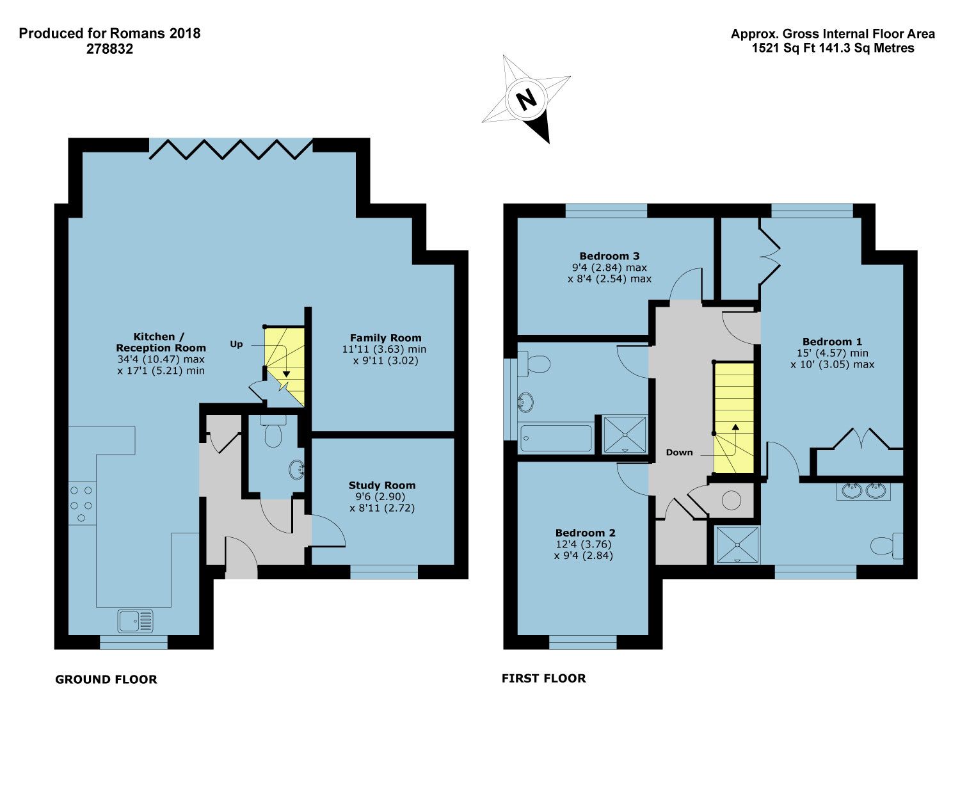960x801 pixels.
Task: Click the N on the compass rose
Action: pos(526,99)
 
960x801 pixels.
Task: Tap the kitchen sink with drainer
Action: pos(136,620)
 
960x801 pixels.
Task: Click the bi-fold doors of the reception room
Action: pos(231,149)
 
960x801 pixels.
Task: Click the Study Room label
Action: pos(382,485)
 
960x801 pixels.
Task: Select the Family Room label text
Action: pos(385,337)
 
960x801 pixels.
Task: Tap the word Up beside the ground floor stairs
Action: pos(236,344)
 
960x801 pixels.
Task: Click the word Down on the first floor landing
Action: pos(679,452)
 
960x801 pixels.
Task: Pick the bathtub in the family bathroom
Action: pos(556,439)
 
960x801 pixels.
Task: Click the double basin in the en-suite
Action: pos(863,491)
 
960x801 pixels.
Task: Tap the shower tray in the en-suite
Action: pos(737,545)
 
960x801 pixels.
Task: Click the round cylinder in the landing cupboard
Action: pos(731,500)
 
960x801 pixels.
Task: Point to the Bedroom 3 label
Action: pos(609,256)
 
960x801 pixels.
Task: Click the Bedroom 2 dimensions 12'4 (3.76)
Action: pos(583,544)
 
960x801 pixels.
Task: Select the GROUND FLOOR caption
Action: pos(106,679)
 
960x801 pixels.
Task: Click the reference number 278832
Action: pos(109,49)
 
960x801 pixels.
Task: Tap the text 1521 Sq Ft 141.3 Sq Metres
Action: pos(833,48)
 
